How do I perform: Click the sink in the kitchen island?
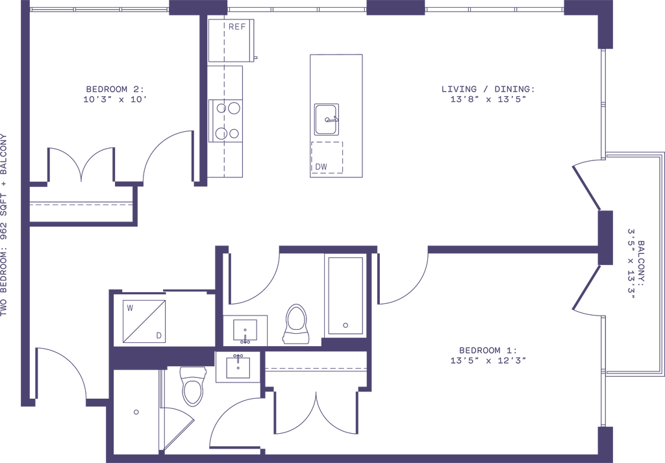(x=327, y=119)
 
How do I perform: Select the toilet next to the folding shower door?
(x=192, y=386)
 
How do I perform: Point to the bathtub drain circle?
(x=345, y=324)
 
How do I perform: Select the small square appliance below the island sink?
(x=327, y=156)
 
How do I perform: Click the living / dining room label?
(x=486, y=94)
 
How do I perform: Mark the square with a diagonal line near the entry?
(x=144, y=319)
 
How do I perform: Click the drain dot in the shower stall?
(x=136, y=412)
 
